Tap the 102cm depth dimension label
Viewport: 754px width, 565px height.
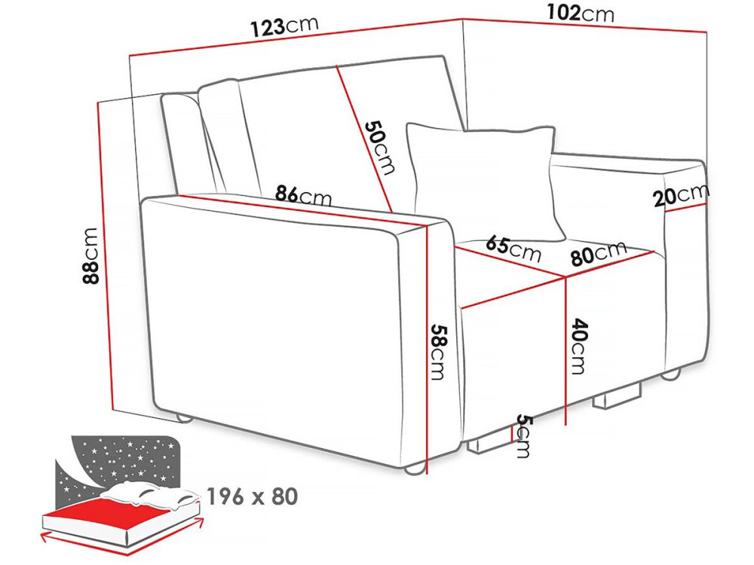pyautogui.click(x=581, y=13)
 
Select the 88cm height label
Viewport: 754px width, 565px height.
pyautogui.click(x=90, y=255)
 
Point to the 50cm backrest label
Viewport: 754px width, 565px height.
pyautogui.click(x=380, y=147)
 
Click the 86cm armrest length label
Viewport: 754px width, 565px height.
pyautogui.click(x=303, y=195)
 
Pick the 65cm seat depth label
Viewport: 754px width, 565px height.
pyautogui.click(x=513, y=248)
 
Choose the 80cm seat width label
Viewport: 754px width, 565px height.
pyautogui.click(x=599, y=252)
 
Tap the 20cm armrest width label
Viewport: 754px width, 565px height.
pyautogui.click(x=681, y=194)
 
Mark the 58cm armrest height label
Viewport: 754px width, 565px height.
pyautogui.click(x=439, y=352)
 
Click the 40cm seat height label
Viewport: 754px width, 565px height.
pyautogui.click(x=576, y=346)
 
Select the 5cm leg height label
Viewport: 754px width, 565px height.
pyautogui.click(x=523, y=436)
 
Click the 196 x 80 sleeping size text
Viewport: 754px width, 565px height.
pyautogui.click(x=253, y=496)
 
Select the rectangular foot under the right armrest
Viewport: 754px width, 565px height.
pyautogui.click(x=618, y=397)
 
